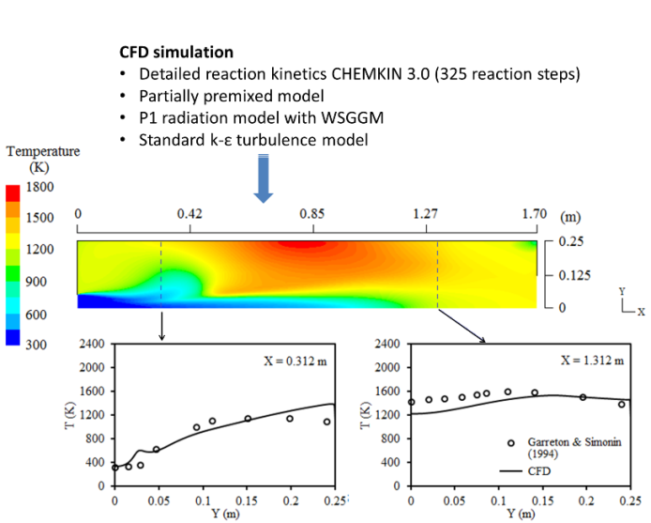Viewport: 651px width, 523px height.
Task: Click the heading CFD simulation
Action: point(176,52)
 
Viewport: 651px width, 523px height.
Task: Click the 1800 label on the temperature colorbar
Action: point(40,187)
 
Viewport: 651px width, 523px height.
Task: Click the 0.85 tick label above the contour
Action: point(312,214)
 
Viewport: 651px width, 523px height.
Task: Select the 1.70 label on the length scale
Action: point(536,214)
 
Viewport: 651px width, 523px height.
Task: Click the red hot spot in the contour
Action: point(305,245)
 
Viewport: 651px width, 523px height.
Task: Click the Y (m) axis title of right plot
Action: point(522,514)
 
